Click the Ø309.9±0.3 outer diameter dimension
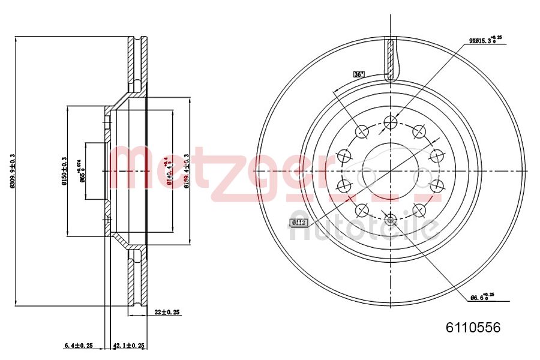pos(12,171)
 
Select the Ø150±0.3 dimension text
pos(64,171)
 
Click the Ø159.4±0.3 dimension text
pos(187,171)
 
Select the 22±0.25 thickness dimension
pos(167,312)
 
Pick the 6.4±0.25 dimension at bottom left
pos(78,346)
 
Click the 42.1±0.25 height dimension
pos(129,346)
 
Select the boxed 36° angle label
pos(359,74)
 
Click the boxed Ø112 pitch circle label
pos(298,223)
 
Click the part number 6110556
pos(472,328)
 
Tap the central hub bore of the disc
pos(390,170)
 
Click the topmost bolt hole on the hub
pos(390,122)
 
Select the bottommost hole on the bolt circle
pos(390,219)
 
